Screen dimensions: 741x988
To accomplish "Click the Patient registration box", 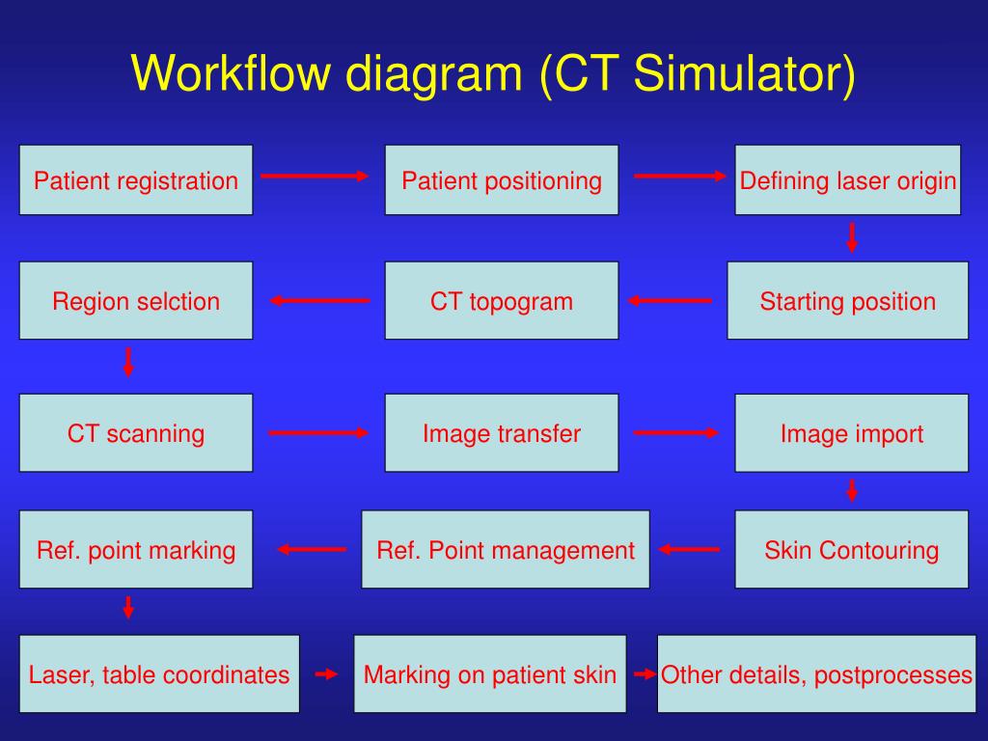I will click(136, 180).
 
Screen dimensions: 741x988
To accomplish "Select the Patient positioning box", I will click(502, 180).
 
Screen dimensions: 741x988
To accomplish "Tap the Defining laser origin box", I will click(848, 180).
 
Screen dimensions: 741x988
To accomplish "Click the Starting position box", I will click(848, 301).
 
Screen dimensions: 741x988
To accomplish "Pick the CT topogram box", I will click(502, 301).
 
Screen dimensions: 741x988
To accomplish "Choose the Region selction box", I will click(136, 301).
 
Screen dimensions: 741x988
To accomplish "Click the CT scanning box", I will click(136, 433).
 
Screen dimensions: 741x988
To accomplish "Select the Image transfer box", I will click(502, 433).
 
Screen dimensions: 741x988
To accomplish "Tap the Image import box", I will click(852, 433).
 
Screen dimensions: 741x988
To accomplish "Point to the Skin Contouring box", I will click(852, 550).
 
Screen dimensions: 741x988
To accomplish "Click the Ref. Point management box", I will click(506, 550).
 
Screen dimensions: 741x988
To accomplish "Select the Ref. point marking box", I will click(136, 550).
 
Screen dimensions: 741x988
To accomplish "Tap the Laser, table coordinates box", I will click(159, 673).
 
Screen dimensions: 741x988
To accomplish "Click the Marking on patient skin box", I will click(490, 673).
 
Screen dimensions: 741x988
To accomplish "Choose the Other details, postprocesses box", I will click(816, 673).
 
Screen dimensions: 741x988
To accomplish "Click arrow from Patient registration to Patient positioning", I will click(316, 176).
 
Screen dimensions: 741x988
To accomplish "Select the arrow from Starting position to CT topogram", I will click(671, 301).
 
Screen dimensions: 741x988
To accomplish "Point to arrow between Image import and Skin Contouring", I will click(852, 490).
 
